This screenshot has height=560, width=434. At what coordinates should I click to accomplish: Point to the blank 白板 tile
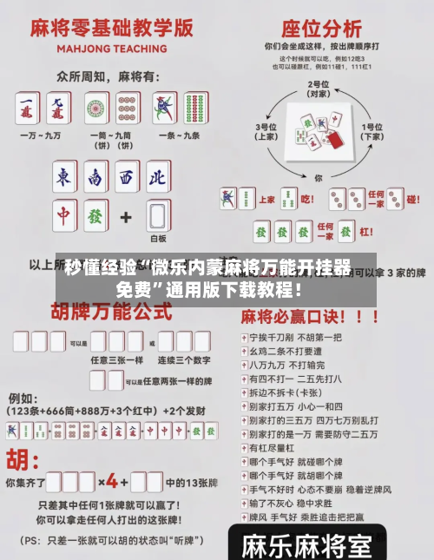(157, 214)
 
